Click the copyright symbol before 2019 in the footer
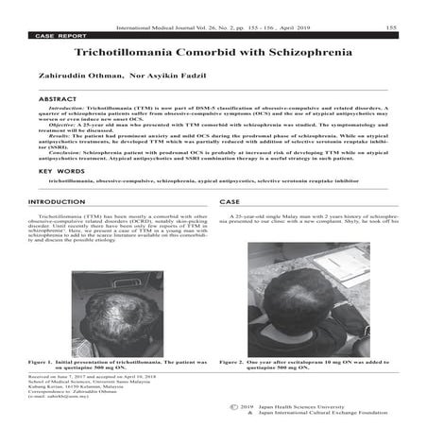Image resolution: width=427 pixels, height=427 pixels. (233, 409)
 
